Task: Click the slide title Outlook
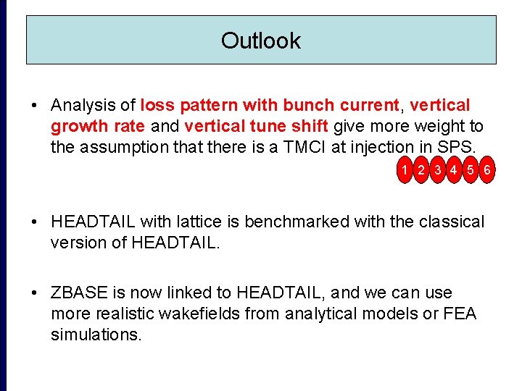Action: (x=260, y=41)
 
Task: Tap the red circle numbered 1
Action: (x=403, y=170)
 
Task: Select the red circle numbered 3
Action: (x=437, y=170)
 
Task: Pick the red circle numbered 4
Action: (x=454, y=170)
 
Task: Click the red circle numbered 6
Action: (x=487, y=170)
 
